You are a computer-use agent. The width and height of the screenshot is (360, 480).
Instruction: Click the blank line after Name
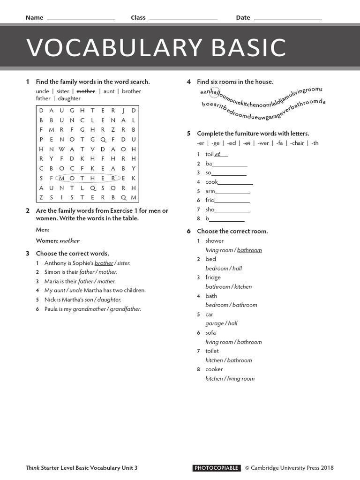click(81, 18)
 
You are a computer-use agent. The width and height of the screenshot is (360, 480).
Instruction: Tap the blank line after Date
click(287, 18)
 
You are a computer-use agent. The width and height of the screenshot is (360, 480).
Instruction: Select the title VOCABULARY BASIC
click(156, 47)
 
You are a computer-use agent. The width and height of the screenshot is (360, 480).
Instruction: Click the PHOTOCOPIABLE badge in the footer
click(217, 468)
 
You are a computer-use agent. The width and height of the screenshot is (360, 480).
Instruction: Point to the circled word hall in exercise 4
click(215, 93)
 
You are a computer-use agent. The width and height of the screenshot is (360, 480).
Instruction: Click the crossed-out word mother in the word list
click(86, 91)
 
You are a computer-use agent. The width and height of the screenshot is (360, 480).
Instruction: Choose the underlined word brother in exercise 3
click(104, 263)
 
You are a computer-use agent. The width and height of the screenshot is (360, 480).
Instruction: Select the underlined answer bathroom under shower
click(249, 250)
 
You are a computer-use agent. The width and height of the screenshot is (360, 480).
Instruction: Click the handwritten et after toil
click(217, 154)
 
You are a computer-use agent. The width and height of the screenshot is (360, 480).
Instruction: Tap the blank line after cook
click(235, 183)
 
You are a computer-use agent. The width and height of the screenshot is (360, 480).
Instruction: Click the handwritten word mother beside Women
click(69, 241)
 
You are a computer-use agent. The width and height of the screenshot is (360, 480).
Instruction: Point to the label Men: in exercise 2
click(43, 230)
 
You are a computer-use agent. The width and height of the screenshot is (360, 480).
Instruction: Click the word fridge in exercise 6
click(213, 277)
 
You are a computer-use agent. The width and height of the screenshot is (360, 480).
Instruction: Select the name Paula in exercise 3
click(52, 309)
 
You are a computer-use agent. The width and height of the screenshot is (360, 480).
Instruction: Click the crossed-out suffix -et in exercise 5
click(247, 143)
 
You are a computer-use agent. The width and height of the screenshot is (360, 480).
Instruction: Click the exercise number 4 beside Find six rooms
click(189, 82)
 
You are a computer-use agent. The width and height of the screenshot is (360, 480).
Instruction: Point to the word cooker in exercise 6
click(214, 369)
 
